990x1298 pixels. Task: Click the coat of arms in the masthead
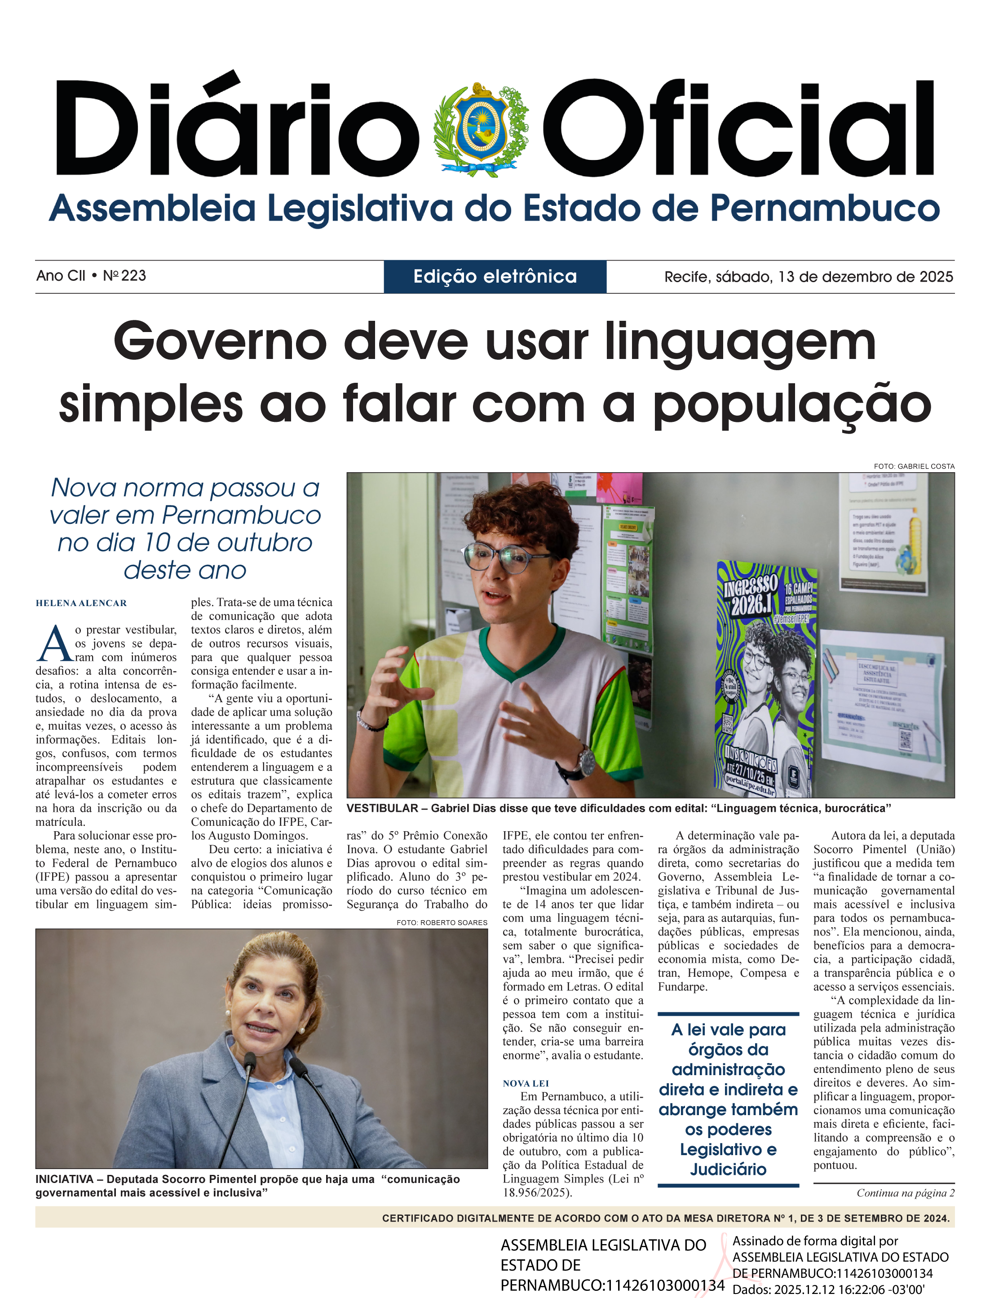[x=480, y=129]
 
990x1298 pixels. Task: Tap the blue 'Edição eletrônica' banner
[x=495, y=276]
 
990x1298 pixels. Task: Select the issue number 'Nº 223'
[x=124, y=276]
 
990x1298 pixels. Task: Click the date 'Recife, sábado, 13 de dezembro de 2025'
[x=808, y=276]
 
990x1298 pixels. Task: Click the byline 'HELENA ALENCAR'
[x=81, y=603]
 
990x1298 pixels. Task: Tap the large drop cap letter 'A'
[x=55, y=644]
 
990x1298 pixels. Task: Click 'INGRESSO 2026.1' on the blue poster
[x=750, y=595]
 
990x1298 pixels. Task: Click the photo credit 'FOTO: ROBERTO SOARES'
[x=442, y=922]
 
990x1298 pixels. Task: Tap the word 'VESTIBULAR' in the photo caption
[x=382, y=808]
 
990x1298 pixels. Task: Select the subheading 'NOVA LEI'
[x=526, y=1083]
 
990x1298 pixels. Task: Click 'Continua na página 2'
[x=905, y=1193]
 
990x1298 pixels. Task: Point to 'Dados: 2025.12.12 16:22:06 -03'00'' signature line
[x=828, y=1289]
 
